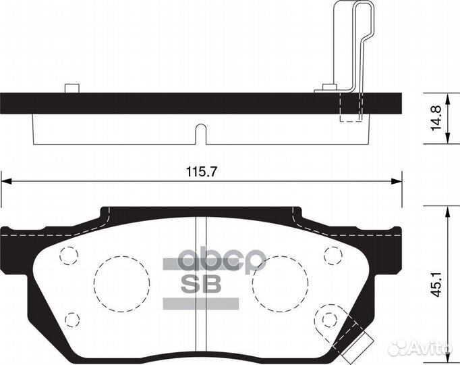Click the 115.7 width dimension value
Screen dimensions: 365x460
(200, 172)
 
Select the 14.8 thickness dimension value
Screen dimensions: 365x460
(438, 118)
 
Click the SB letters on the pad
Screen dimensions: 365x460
(200, 285)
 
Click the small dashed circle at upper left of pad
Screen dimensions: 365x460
(69, 255)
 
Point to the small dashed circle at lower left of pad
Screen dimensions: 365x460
(72, 318)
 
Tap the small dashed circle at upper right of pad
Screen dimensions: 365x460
(331, 255)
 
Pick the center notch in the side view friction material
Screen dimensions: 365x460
(200, 134)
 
